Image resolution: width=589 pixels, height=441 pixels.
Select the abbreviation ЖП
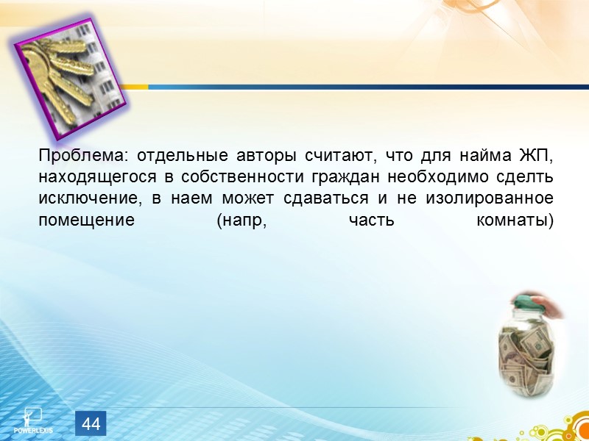536,157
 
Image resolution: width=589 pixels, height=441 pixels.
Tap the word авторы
265,157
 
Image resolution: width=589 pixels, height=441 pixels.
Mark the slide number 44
91,424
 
